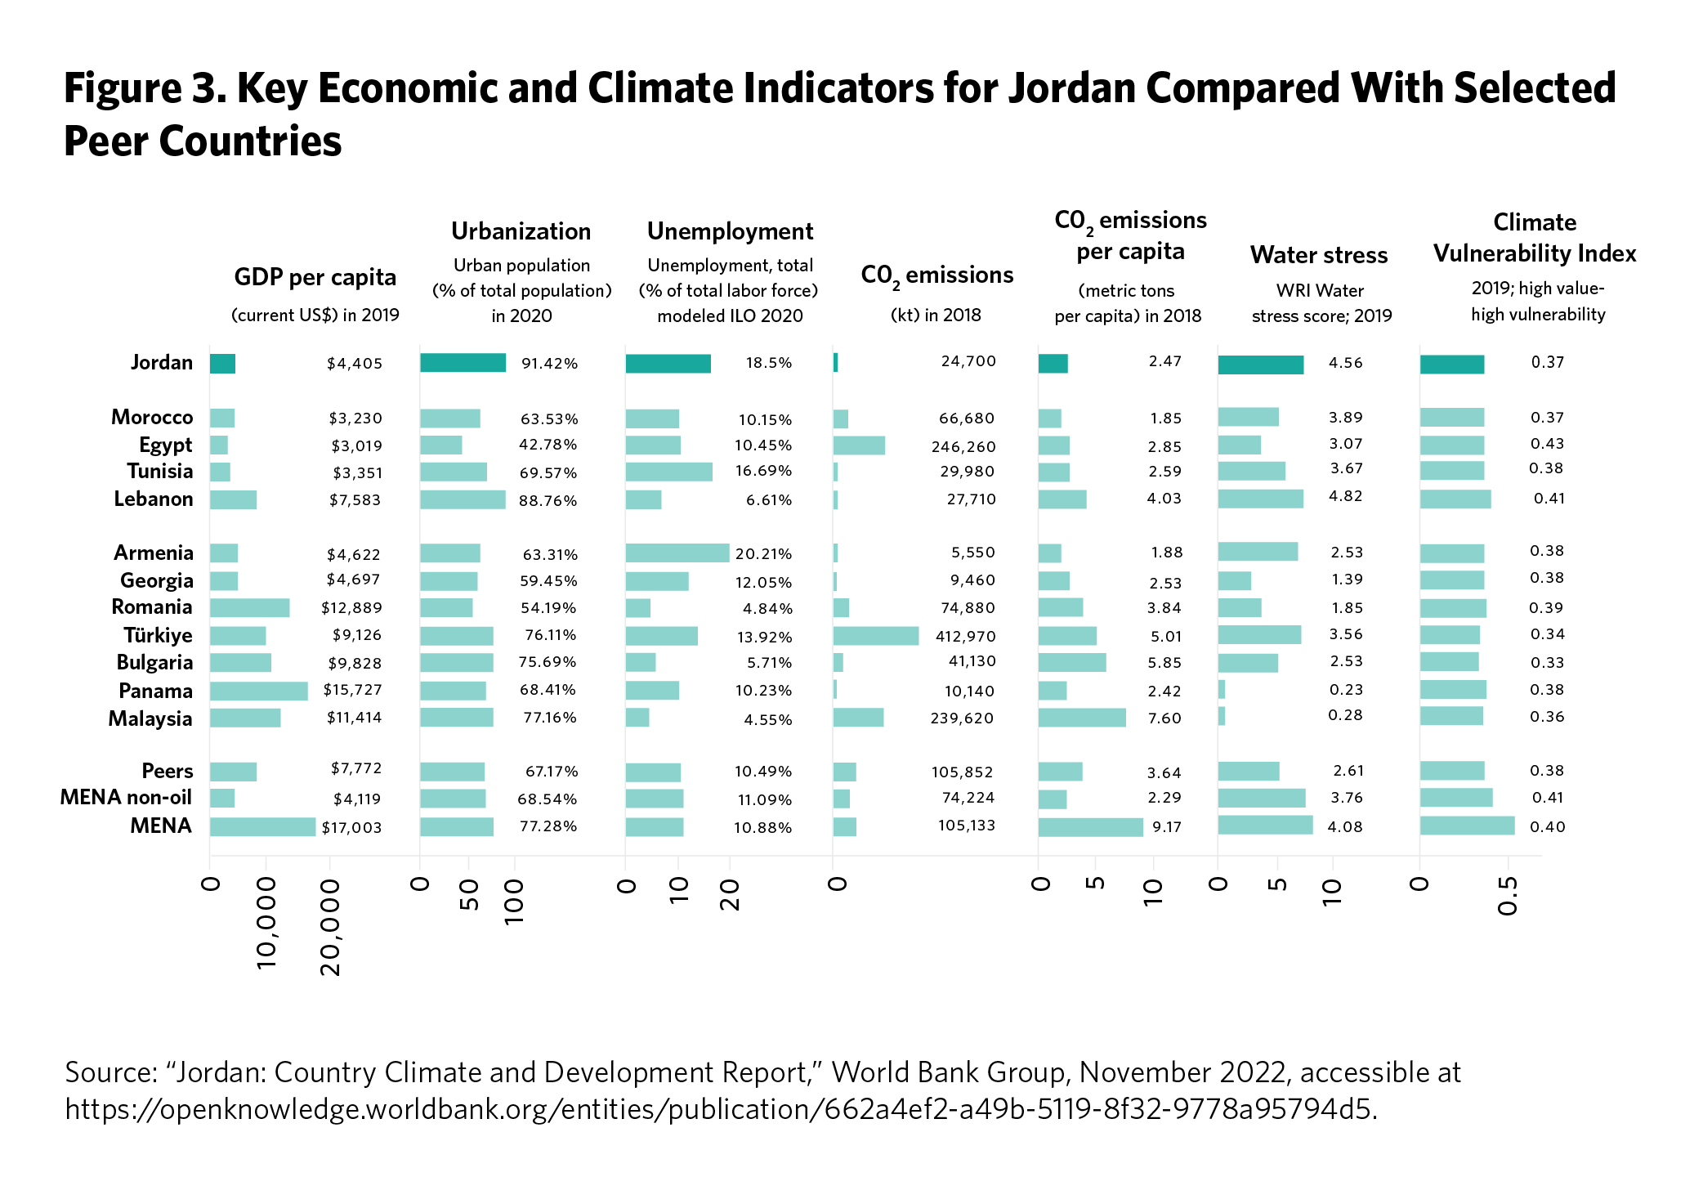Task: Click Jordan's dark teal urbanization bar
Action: (x=463, y=363)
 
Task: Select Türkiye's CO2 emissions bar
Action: (x=875, y=636)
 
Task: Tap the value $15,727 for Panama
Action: (x=352, y=690)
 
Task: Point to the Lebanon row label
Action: (x=153, y=499)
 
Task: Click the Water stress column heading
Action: (x=1318, y=255)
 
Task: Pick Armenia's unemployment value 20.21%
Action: (x=763, y=554)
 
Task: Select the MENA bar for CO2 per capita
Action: (x=1090, y=827)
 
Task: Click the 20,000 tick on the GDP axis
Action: (x=330, y=927)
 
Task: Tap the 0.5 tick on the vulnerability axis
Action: (x=1509, y=897)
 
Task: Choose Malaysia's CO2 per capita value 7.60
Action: (x=1164, y=718)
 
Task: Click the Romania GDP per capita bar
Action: (x=249, y=608)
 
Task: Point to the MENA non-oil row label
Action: (x=126, y=798)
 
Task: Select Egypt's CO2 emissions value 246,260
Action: (x=963, y=447)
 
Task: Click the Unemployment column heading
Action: (x=730, y=232)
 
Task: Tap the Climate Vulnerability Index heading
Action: (x=1534, y=238)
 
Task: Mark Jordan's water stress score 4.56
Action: (x=1345, y=363)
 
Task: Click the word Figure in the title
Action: (x=123, y=88)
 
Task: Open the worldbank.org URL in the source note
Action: (x=720, y=1109)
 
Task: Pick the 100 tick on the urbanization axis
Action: (x=514, y=902)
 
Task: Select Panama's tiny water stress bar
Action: (x=1222, y=690)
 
